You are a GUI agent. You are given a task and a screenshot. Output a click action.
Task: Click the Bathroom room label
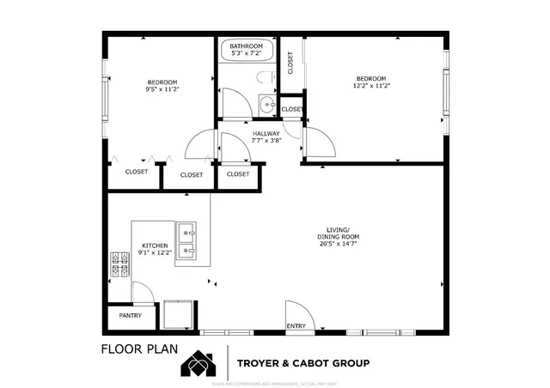[245, 46]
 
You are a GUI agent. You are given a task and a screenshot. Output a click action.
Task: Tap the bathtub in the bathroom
[247, 54]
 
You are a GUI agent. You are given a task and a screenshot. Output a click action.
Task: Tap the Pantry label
[129, 316]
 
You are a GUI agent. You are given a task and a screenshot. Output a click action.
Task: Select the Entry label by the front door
[296, 326]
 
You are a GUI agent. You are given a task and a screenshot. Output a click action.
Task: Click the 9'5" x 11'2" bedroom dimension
[162, 88]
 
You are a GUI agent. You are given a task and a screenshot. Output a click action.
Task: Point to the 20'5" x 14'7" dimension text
[337, 244]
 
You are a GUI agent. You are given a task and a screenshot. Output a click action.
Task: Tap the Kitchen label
[154, 246]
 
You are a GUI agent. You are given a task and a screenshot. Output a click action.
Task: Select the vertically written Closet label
[290, 61]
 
